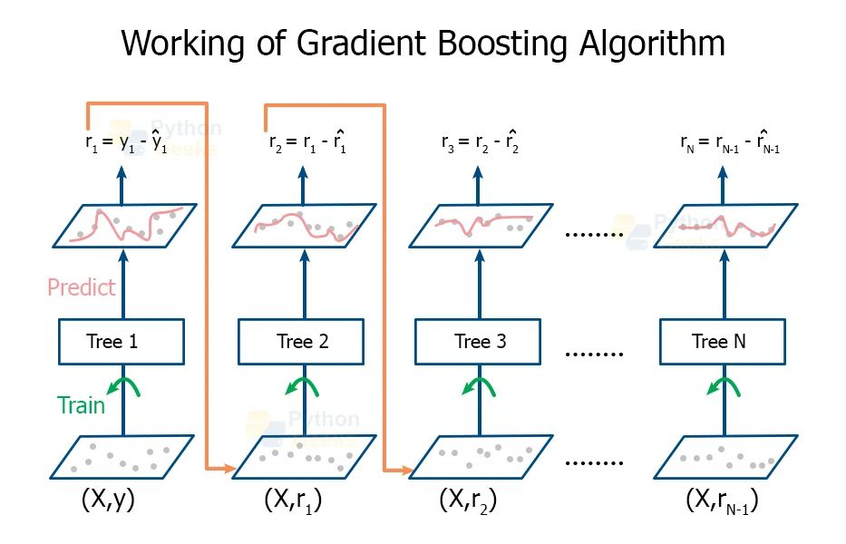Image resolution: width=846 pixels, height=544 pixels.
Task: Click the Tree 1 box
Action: pos(122,342)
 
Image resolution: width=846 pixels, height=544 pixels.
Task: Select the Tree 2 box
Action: pos(302,342)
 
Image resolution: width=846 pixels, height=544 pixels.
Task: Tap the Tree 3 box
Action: pos(480,342)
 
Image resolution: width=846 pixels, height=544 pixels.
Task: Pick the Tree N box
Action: pos(721,342)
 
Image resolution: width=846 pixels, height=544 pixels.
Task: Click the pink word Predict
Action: pos(82,287)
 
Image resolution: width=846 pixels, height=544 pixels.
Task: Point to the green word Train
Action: pos(81,405)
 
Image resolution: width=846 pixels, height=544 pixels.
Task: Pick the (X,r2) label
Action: pos(469,500)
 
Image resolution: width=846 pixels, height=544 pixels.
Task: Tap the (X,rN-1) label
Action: pos(722,500)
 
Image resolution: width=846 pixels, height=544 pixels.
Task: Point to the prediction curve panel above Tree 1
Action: pos(124,225)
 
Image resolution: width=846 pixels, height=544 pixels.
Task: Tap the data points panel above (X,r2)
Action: pos(480,457)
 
